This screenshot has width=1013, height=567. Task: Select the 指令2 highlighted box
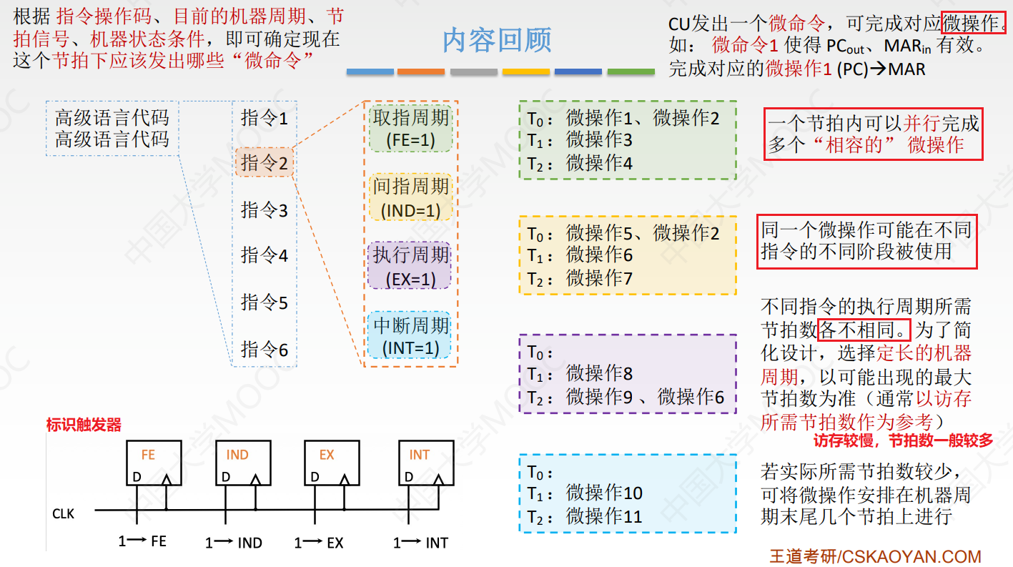[265, 163]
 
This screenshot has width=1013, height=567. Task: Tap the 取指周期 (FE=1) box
[411, 128]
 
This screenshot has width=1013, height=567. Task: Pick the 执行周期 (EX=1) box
[411, 266]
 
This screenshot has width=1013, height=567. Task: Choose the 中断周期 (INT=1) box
[411, 335]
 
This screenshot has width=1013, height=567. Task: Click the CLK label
[63, 513]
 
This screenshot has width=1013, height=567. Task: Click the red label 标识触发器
[84, 425]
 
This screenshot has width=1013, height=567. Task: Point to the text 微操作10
[604, 493]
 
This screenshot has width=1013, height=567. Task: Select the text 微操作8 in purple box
[599, 373]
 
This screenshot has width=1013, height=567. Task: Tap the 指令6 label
[265, 349]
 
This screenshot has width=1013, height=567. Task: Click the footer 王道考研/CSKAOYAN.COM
[875, 556]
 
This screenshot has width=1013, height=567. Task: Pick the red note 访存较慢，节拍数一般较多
[903, 440]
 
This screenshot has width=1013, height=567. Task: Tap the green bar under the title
[631, 72]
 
